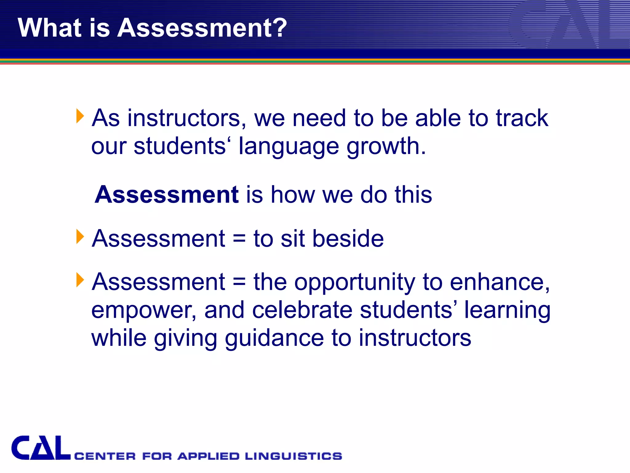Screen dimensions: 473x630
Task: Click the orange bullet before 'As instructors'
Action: [80, 116]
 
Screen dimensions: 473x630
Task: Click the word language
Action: [289, 146]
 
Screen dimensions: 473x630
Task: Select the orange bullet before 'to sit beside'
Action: [80, 237]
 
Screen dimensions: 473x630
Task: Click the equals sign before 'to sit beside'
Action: [239, 239]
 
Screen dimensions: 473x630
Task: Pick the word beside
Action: [348, 239]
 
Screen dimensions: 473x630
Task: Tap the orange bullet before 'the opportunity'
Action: [80, 280]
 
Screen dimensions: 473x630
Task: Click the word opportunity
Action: [355, 282]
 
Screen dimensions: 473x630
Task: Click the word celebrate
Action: [302, 310]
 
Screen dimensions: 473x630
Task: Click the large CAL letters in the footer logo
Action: [41, 448]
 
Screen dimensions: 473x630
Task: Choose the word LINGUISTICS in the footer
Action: [293, 456]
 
